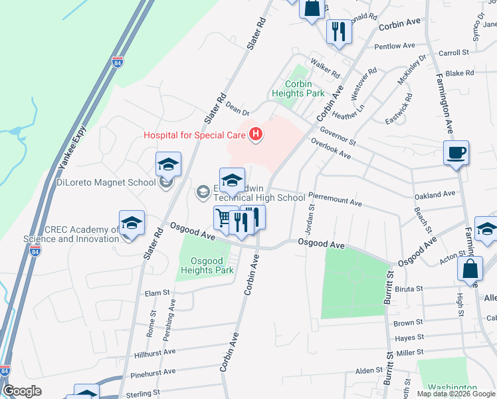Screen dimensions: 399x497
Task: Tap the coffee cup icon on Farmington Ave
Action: [x=456, y=153]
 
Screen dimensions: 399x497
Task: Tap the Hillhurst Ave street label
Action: [x=154, y=352]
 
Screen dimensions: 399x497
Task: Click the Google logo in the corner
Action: [x=22, y=391]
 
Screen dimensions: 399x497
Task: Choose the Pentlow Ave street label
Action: [x=397, y=47]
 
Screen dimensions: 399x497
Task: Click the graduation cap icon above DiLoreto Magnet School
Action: [x=168, y=164]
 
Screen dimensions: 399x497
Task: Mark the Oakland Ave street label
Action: [x=435, y=194]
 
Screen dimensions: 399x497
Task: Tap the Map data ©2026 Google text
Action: [x=455, y=394]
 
